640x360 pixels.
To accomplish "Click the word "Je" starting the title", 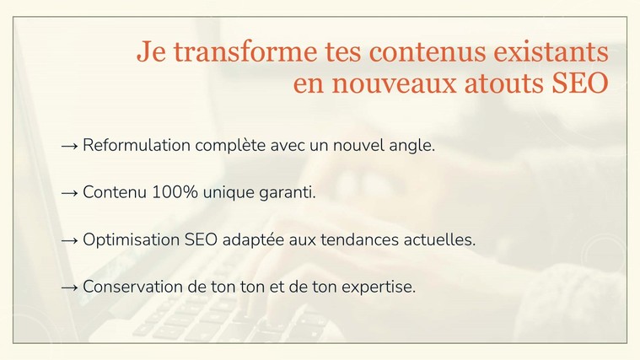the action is click(x=151, y=51).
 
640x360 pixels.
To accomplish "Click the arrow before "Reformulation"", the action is click(x=69, y=146).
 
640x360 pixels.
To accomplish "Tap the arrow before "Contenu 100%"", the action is click(x=69, y=193).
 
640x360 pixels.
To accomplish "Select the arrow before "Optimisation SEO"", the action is click(x=69, y=240).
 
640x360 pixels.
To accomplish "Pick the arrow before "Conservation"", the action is click(x=69, y=287).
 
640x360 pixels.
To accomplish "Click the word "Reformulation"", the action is click(x=137, y=145).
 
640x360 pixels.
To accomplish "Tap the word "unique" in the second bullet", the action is click(x=229, y=193).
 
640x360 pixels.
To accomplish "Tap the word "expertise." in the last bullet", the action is click(x=379, y=287).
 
